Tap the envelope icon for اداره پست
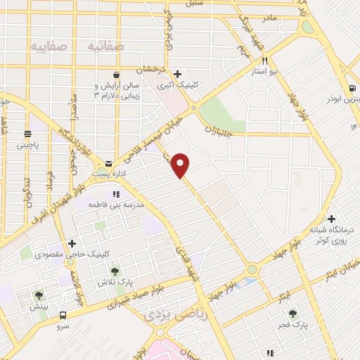pos(108,162)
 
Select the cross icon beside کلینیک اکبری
pos(178,74)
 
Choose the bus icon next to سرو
pos(63,316)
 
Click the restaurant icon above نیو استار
pos(264,60)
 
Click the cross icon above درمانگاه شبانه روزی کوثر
pos(331,219)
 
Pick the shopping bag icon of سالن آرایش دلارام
pos(124,72)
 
